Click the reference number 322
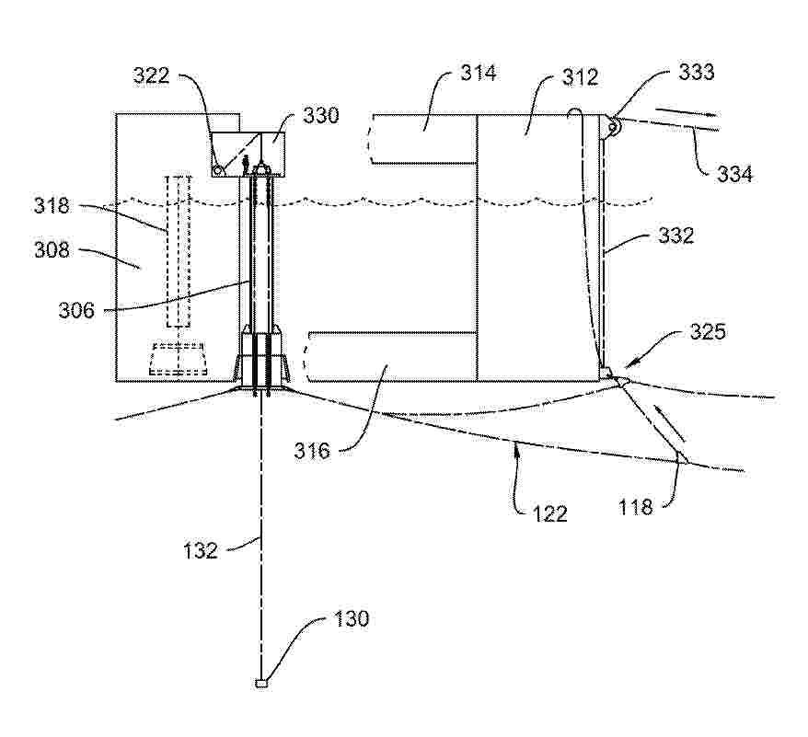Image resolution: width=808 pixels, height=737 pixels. click(151, 75)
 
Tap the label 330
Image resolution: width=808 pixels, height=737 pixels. click(320, 115)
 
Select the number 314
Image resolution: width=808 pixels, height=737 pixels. click(479, 74)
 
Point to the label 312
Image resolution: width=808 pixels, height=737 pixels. click(580, 77)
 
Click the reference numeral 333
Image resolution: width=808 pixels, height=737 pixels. click(696, 72)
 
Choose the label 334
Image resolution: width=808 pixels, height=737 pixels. click(734, 174)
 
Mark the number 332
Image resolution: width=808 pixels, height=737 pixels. click(676, 236)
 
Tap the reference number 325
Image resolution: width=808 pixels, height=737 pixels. click(708, 331)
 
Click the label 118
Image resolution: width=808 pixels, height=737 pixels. click(635, 508)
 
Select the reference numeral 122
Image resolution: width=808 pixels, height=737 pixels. click(548, 513)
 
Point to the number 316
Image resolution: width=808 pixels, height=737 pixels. click(312, 451)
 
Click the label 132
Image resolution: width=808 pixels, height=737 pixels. click(201, 551)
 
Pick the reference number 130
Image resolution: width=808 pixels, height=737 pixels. click(352, 618)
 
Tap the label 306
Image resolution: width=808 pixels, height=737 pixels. click(76, 311)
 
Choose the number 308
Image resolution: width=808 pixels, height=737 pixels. click(52, 250)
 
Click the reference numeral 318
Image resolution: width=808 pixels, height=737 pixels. click(52, 205)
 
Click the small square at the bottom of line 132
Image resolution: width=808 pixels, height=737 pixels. click(260, 684)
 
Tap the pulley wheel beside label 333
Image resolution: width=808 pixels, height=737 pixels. click(613, 127)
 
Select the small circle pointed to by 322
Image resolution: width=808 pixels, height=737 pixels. click(218, 170)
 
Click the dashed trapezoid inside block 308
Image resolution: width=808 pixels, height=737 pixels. click(178, 359)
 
